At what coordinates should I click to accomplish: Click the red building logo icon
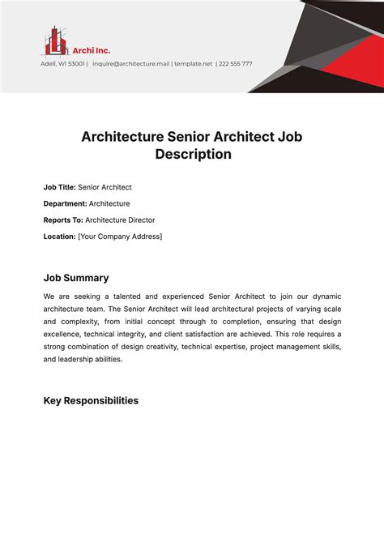click(55, 40)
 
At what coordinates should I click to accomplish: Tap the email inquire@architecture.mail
click(130, 63)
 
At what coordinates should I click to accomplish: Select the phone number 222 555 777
click(235, 63)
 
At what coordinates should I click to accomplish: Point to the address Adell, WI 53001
click(62, 63)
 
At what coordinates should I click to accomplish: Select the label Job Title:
click(59, 187)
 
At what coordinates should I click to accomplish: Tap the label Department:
click(65, 203)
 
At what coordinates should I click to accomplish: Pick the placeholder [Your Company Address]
click(120, 237)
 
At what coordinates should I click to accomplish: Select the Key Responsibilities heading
click(91, 400)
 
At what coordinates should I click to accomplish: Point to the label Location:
click(59, 237)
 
